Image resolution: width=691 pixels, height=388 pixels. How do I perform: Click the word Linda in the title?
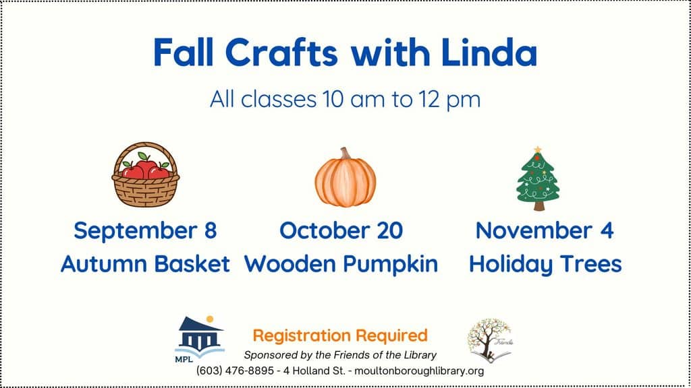[489, 53]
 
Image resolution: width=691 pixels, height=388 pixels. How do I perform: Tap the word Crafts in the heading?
[281, 53]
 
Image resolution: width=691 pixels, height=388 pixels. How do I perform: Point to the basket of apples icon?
[146, 174]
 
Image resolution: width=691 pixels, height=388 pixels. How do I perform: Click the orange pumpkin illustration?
[345, 177]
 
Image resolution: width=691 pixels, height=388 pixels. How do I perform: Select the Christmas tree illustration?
[538, 179]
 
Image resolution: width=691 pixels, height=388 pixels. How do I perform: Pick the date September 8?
[146, 231]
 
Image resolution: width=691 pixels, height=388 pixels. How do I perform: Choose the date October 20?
[341, 230]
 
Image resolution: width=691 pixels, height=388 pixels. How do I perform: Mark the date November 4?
[545, 230]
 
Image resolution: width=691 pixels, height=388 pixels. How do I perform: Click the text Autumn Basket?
[146, 264]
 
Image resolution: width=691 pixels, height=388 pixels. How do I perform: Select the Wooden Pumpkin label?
[341, 264]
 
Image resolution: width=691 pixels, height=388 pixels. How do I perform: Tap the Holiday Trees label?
[545, 265]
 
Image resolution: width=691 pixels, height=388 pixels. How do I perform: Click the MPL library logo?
[199, 339]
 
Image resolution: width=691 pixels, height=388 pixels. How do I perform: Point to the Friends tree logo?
[490, 340]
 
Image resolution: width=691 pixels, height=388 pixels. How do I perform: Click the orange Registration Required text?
[340, 335]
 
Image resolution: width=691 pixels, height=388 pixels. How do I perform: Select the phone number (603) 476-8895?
[236, 371]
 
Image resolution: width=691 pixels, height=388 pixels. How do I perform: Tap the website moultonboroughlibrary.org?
[419, 371]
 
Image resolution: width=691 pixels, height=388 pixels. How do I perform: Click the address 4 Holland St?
[314, 371]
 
